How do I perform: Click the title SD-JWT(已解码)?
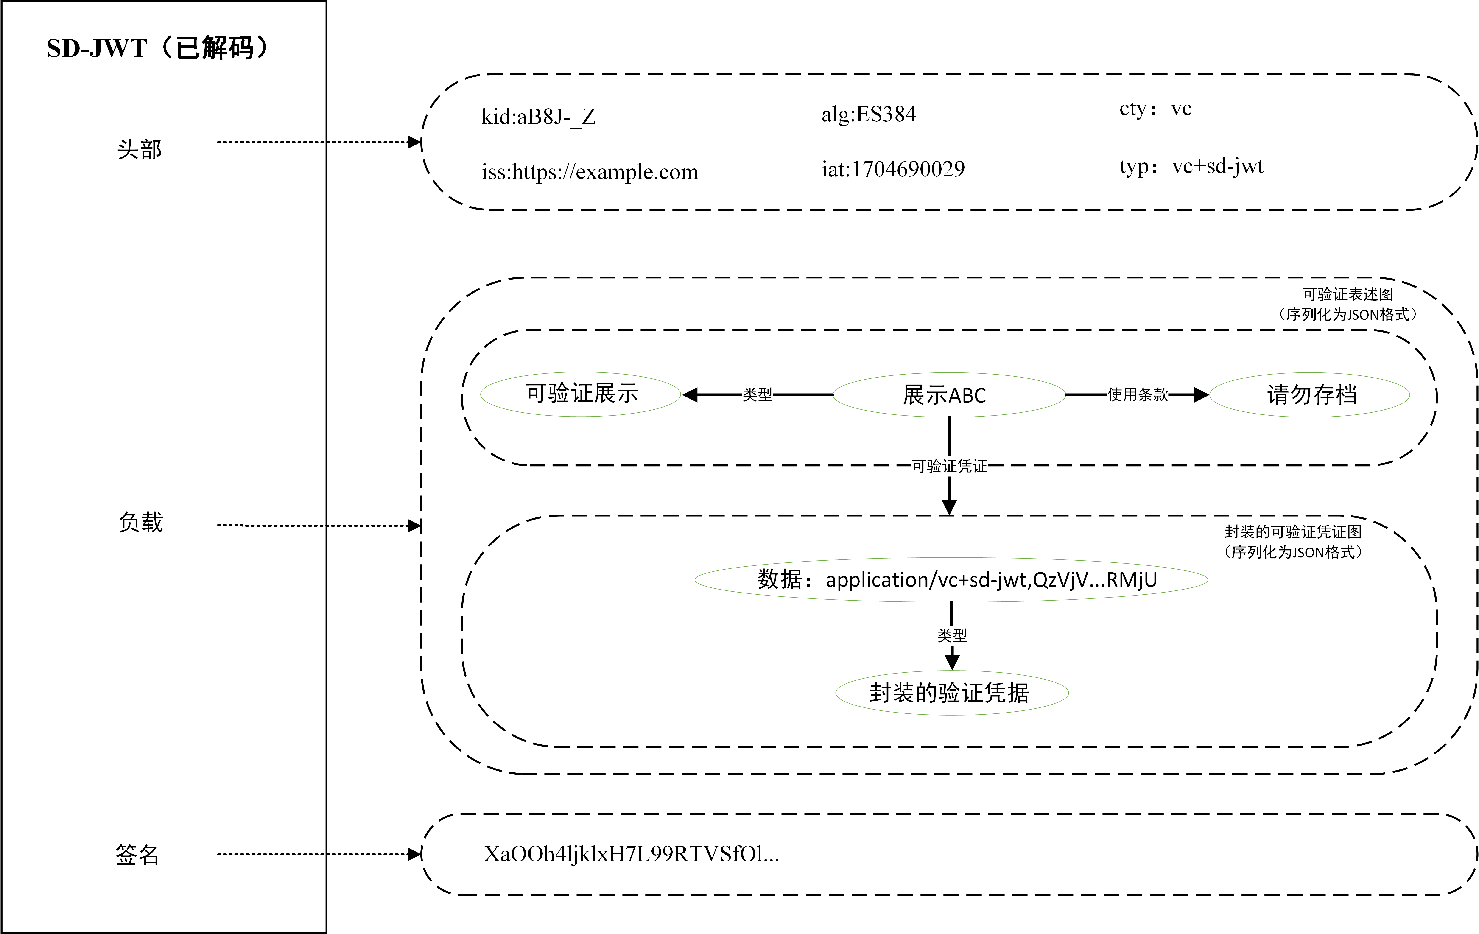pyautogui.click(x=159, y=48)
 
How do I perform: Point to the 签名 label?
pyautogui.click(x=138, y=854)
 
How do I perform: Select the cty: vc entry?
pyautogui.click(x=1155, y=109)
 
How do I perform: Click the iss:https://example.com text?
pyautogui.click(x=590, y=171)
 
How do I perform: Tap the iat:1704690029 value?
pyautogui.click(x=893, y=168)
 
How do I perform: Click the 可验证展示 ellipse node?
pyautogui.click(x=581, y=394)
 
